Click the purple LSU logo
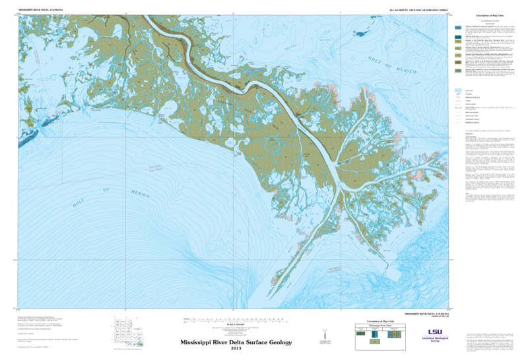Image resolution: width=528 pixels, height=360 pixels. [x=435, y=332]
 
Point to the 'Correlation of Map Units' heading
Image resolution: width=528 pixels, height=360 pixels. [x=373, y=319]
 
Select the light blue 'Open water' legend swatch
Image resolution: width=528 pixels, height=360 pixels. [x=457, y=90]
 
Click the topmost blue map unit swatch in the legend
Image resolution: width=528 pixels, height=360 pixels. [x=457, y=27]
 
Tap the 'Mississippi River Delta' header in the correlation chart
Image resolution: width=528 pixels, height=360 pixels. [x=379, y=325]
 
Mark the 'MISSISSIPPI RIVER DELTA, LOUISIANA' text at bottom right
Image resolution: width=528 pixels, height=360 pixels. [x=426, y=314]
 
